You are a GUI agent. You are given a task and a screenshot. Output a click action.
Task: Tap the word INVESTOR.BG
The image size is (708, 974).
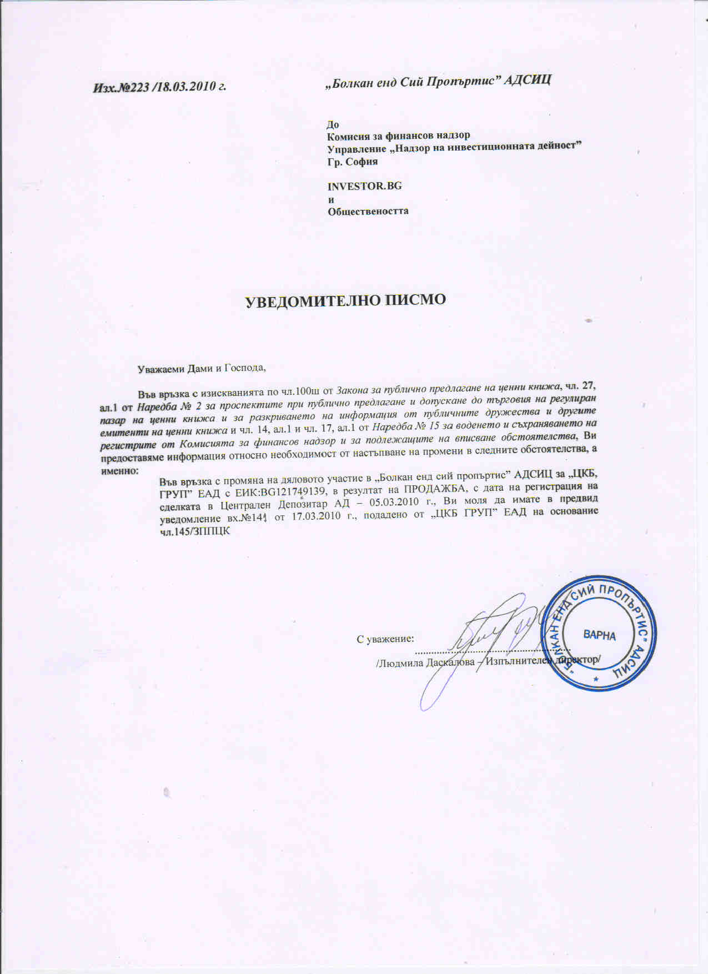pyautogui.click(x=364, y=186)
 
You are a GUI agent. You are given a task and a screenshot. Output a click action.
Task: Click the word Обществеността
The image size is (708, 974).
pyautogui.click(x=368, y=211)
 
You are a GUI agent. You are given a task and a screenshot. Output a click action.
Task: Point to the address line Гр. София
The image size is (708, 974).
pyautogui.click(x=353, y=162)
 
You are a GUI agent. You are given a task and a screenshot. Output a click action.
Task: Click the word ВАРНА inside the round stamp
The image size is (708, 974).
pyautogui.click(x=599, y=635)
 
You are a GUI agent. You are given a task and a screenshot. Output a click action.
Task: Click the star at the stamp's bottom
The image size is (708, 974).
pyautogui.click(x=596, y=679)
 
